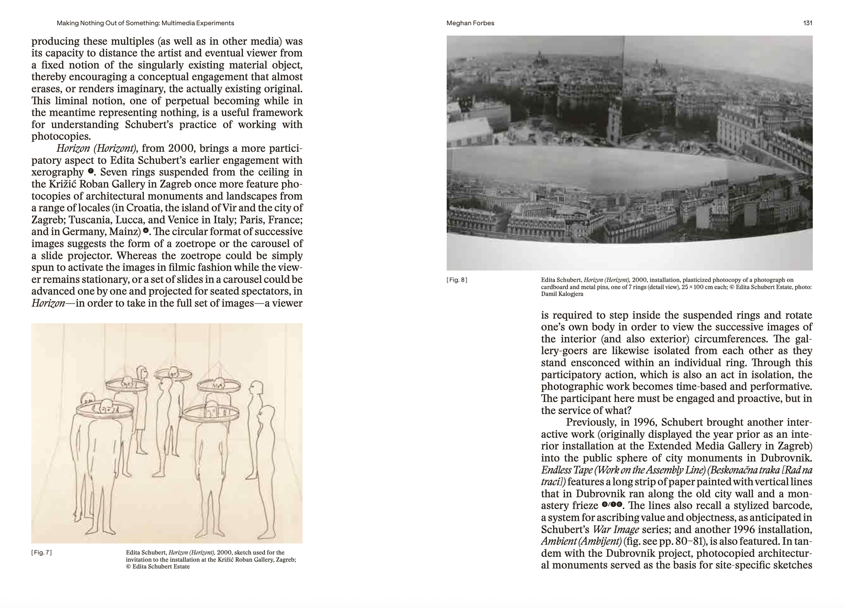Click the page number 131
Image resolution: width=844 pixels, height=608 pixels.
[x=808, y=23]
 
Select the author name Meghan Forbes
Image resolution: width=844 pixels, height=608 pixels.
[x=470, y=23]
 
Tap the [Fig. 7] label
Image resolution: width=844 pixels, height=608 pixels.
[x=41, y=553]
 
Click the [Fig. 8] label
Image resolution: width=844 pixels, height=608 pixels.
[x=457, y=280]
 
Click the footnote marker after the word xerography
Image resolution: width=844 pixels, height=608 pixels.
[x=91, y=171]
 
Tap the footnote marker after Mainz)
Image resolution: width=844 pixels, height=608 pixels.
[x=146, y=231]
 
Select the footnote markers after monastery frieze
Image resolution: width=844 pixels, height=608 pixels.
[x=612, y=505]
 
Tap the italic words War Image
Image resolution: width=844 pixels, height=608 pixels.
[x=616, y=529]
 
